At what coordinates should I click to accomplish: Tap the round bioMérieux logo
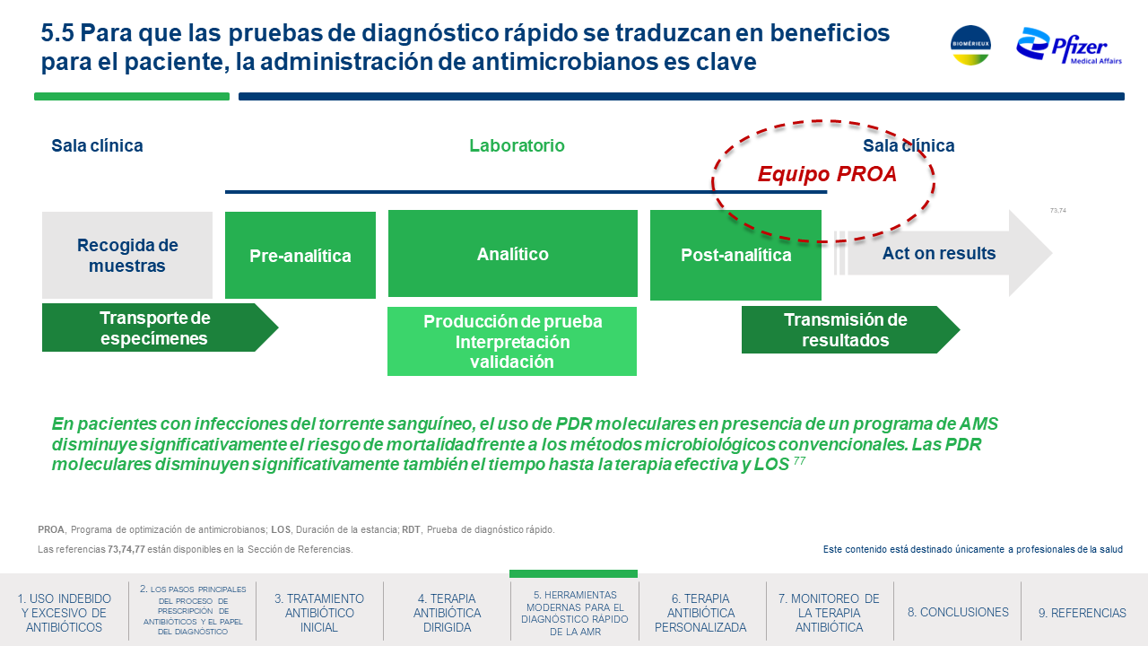(x=970, y=45)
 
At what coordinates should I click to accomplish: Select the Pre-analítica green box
(x=300, y=256)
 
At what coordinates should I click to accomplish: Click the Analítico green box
(x=512, y=253)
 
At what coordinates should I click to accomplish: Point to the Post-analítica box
(x=735, y=255)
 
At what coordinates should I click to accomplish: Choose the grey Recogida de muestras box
(x=127, y=256)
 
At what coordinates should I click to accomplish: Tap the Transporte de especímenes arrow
(x=160, y=327)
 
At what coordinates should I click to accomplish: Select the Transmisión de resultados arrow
(x=850, y=329)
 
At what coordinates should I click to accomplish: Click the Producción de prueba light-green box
(x=512, y=342)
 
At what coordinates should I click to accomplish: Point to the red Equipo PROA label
(x=827, y=174)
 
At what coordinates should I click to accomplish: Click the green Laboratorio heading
(x=517, y=145)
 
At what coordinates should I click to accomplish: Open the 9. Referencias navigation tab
(x=1083, y=613)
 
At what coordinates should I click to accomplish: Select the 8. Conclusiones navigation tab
(x=958, y=612)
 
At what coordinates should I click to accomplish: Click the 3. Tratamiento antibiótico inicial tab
(x=319, y=613)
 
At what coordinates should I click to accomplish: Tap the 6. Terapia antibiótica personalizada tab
(x=700, y=613)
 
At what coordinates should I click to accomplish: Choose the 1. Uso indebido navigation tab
(x=64, y=613)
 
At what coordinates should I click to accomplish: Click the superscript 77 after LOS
(x=799, y=461)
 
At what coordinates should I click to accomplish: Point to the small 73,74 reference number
(x=1057, y=210)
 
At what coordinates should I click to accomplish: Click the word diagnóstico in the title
(x=430, y=34)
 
